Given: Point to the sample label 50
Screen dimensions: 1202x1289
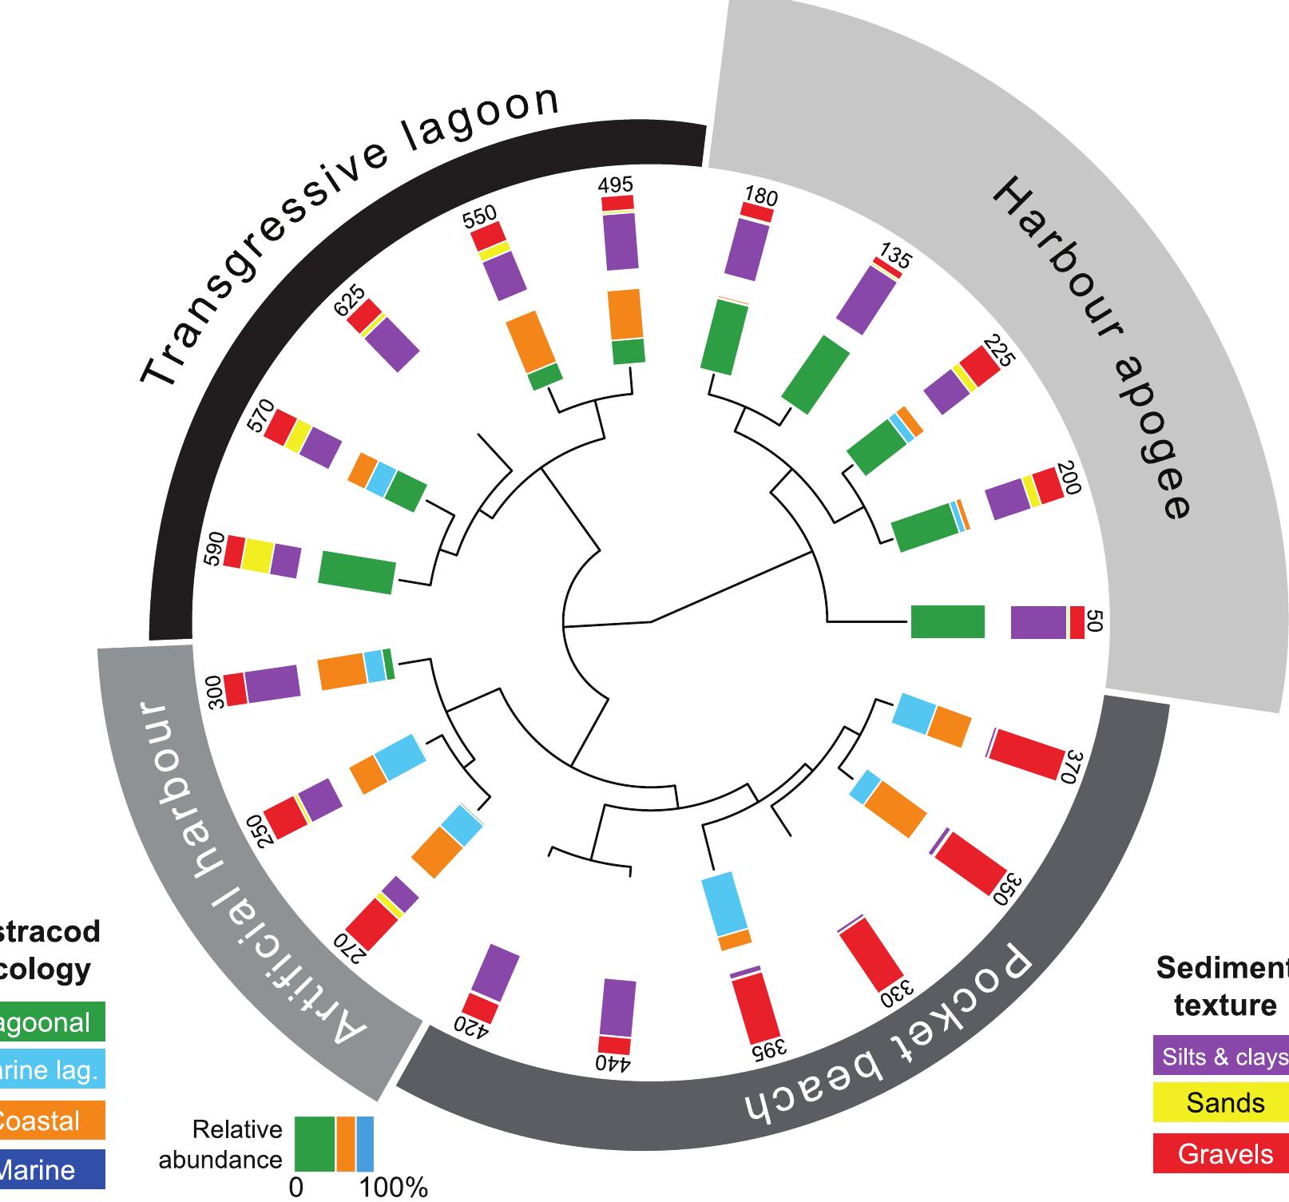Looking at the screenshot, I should (x=1096, y=622).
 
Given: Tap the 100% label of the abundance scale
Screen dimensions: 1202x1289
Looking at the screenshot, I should (x=393, y=1188).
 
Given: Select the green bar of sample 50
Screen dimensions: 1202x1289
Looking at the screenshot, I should (x=948, y=622).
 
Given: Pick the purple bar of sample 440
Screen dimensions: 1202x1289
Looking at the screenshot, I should (x=617, y=1008).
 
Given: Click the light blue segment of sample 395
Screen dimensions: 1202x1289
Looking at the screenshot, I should (x=723, y=904).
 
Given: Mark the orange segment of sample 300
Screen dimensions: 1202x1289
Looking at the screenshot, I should (x=342, y=672).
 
